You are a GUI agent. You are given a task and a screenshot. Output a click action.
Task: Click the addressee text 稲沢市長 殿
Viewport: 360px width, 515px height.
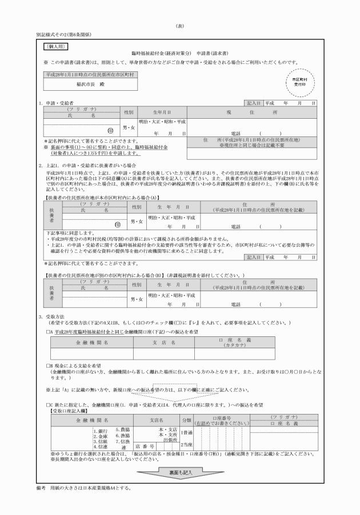pos(90,83)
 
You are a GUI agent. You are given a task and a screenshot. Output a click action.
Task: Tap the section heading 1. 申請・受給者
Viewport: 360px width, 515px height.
pos(57,103)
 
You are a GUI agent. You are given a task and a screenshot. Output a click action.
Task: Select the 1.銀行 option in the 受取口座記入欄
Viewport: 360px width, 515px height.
pos(101,429)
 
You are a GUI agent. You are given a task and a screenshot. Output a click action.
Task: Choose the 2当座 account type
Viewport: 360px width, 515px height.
pos(186,445)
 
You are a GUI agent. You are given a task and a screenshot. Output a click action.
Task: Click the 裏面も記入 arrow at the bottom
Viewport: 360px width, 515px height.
pos(180,473)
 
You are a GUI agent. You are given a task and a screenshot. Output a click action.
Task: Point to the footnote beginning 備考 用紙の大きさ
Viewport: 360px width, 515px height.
pos(83,488)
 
